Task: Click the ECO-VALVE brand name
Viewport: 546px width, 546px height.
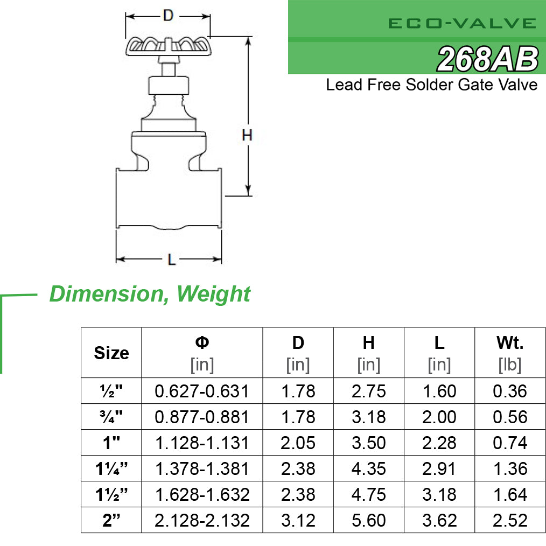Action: (x=462, y=23)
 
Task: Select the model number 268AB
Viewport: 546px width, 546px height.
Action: (x=487, y=59)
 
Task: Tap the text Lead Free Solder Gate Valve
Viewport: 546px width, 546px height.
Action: (x=431, y=85)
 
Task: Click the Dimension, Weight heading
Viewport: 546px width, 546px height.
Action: (x=150, y=294)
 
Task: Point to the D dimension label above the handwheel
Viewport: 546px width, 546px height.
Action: (x=168, y=16)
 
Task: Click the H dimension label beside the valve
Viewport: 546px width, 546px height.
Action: (x=247, y=136)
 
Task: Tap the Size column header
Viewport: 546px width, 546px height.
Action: (x=111, y=353)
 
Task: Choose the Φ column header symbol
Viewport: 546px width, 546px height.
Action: (x=202, y=342)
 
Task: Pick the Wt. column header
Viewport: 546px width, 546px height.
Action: (x=509, y=342)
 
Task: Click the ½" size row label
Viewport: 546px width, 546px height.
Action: (x=111, y=391)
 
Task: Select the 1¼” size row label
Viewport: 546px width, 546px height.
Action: (x=111, y=468)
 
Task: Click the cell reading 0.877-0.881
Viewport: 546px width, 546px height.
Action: (x=202, y=417)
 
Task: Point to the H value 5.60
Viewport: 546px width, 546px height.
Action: (x=368, y=520)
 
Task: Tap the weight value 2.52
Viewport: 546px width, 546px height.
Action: (x=509, y=520)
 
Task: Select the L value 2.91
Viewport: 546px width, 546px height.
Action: (x=439, y=468)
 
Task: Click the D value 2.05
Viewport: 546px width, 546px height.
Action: (x=298, y=443)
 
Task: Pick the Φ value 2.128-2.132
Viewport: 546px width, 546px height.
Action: (x=202, y=520)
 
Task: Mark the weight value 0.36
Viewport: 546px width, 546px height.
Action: (x=509, y=391)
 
